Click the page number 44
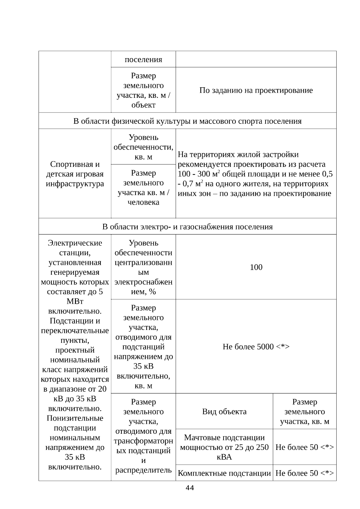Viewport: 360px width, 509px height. (190, 488)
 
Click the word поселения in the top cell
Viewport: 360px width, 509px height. (143, 59)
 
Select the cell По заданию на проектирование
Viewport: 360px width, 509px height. (256, 90)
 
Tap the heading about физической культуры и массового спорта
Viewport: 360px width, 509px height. (187, 121)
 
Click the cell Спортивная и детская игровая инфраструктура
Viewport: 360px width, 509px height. (75, 174)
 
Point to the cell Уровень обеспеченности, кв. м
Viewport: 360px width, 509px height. (143, 147)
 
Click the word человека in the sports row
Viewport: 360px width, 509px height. (143, 202)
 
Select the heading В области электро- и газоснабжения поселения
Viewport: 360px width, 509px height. (187, 226)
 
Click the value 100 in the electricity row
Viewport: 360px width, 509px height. (256, 267)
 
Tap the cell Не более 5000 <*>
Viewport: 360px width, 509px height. (256, 347)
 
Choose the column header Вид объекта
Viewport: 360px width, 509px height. (224, 412)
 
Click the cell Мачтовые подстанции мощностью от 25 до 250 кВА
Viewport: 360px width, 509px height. (224, 447)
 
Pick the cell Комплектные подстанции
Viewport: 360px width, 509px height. (224, 473)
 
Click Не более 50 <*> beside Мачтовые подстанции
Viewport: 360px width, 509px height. (304, 447)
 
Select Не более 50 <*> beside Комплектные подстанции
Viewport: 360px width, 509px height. (304, 473)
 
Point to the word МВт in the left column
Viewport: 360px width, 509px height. (75, 301)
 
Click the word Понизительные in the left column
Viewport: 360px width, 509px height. (75, 418)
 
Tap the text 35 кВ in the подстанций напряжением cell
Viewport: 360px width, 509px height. (143, 366)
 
